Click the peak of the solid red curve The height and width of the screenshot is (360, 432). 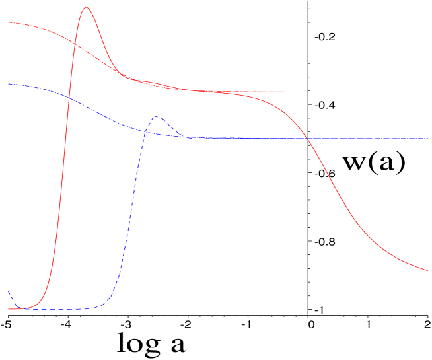[85, 7]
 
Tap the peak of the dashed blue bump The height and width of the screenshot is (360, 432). [157, 117]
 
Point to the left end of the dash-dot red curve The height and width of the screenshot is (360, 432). [8, 22]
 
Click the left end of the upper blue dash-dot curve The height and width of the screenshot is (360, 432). [8, 84]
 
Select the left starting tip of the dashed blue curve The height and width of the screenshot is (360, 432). [8, 291]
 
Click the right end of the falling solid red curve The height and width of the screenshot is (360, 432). [428, 270]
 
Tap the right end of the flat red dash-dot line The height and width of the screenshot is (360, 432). [428, 92]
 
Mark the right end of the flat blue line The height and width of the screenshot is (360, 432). [428, 139]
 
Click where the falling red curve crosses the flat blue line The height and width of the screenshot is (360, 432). [308, 139]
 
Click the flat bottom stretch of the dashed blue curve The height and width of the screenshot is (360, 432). [59, 309]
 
